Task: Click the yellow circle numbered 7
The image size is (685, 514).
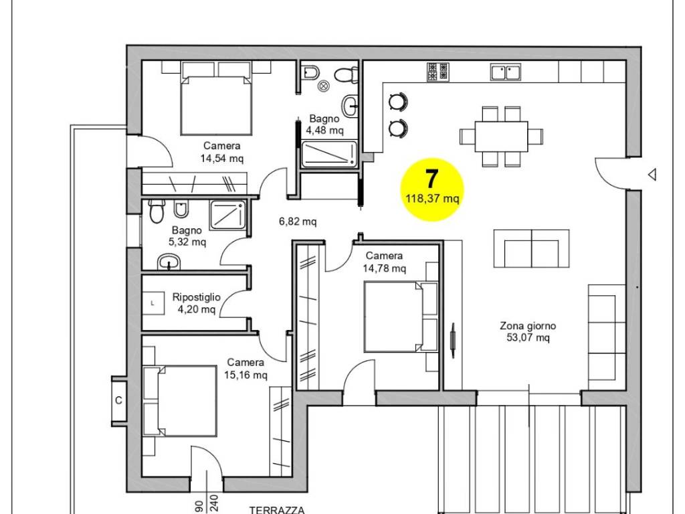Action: pyautogui.click(x=432, y=189)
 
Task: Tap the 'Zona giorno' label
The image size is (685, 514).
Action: pyautogui.click(x=528, y=326)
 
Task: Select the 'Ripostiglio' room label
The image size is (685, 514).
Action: pyautogui.click(x=196, y=297)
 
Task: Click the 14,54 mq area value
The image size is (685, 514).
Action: pyautogui.click(x=222, y=158)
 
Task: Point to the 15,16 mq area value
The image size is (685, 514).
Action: pyautogui.click(x=246, y=375)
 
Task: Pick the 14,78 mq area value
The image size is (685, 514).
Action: pyautogui.click(x=384, y=268)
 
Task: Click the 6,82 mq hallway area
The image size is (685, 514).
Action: pyautogui.click(x=298, y=222)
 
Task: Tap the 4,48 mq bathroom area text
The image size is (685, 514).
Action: pyautogui.click(x=324, y=131)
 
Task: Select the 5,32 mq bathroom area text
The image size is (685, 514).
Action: pyautogui.click(x=187, y=242)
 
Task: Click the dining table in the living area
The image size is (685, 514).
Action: pyautogui.click(x=501, y=137)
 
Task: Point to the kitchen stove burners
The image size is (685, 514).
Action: pyautogui.click(x=437, y=72)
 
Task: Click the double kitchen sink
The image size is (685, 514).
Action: pyautogui.click(x=506, y=72)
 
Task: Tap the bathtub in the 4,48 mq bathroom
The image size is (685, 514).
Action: pyautogui.click(x=329, y=155)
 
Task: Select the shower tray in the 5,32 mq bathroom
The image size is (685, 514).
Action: pyautogui.click(x=227, y=215)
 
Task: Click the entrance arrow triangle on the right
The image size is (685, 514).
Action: pyautogui.click(x=652, y=175)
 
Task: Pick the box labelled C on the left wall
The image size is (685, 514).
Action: pyautogui.click(x=119, y=400)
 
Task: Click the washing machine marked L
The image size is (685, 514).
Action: pyautogui.click(x=153, y=303)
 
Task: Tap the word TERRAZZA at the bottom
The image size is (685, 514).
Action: pyautogui.click(x=277, y=510)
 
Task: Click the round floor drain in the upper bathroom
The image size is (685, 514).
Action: pyautogui.click(x=324, y=86)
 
